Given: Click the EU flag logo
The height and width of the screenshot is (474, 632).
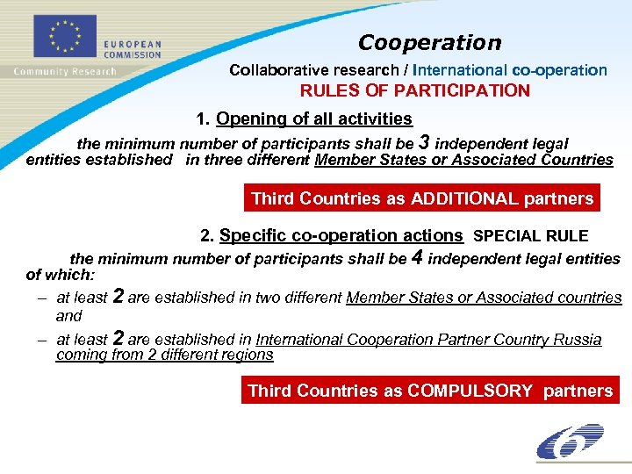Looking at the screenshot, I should [63, 36].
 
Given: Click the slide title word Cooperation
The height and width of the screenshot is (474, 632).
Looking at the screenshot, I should [429, 42].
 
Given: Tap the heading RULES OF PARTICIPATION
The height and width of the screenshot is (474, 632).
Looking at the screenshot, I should [415, 90].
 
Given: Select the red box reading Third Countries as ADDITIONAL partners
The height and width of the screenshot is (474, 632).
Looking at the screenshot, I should [422, 198].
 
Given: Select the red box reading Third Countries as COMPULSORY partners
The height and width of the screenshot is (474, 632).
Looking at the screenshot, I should [430, 391].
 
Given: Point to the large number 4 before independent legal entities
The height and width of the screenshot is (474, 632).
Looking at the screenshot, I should [417, 257].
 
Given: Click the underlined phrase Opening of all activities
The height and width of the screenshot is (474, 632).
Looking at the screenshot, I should [313, 118].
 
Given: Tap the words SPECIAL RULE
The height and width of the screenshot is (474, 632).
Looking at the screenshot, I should [530, 236].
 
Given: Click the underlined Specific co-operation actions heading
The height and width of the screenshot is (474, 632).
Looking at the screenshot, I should [341, 235].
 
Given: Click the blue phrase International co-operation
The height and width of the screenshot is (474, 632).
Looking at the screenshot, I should [510, 69].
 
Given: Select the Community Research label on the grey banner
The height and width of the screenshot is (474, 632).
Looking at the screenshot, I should [64, 71].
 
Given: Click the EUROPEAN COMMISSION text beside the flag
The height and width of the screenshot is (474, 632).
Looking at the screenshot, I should [133, 48].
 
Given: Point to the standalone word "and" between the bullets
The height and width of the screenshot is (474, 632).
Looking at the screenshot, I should [68, 316].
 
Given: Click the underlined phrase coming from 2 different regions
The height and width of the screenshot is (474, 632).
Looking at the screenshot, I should [164, 355].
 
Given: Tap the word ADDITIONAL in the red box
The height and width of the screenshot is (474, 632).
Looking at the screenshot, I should [475, 198].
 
